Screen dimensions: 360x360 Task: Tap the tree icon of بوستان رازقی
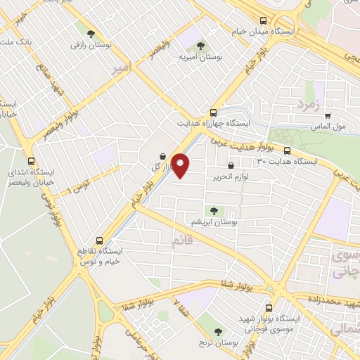[89, 32]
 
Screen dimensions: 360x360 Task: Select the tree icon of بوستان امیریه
[201, 46]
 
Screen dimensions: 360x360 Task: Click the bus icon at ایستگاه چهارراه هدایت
[213, 112]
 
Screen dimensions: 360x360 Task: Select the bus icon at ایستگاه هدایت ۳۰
[287, 150]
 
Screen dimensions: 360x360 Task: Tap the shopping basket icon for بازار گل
[163, 156]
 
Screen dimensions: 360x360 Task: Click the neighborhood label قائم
[181, 242]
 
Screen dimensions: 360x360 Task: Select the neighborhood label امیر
[121, 67]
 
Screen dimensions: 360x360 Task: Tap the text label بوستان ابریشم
[213, 222]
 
